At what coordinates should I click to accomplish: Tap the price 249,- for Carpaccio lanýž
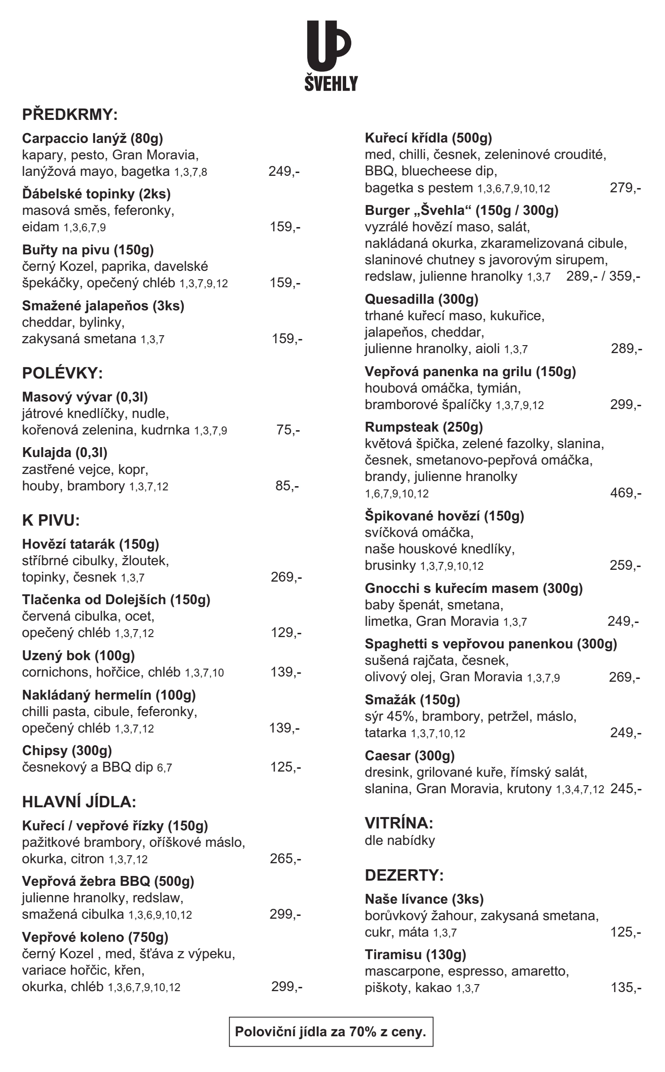coord(284,171)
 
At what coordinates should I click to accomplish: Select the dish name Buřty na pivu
coord(88,249)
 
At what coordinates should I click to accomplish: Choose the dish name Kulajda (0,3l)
coord(65,452)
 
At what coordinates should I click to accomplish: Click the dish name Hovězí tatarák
coord(91,544)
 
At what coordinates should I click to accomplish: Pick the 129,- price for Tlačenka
coord(286,633)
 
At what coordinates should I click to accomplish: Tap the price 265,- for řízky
coord(285,859)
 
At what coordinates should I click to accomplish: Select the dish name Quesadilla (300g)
coord(421,299)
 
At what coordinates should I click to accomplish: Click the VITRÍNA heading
coord(399,823)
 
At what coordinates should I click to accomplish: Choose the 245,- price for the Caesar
coord(625,788)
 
